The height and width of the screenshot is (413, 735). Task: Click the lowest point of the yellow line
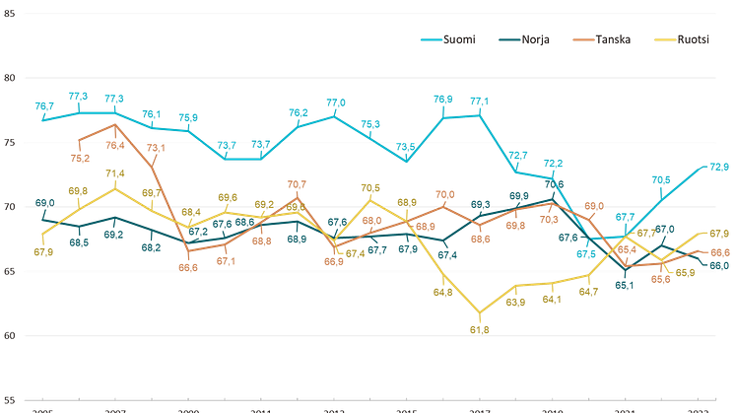pyautogui.click(x=480, y=316)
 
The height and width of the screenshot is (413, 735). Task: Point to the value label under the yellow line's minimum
pyautogui.click(x=480, y=330)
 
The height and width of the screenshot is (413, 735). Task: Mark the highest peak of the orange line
pyautogui.click(x=116, y=125)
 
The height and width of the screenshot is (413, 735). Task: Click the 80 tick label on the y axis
pyautogui.click(x=8, y=142)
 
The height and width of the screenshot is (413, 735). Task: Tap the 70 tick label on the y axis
pyautogui.click(x=8, y=207)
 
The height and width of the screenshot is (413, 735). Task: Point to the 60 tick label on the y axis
pyautogui.click(x=8, y=271)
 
